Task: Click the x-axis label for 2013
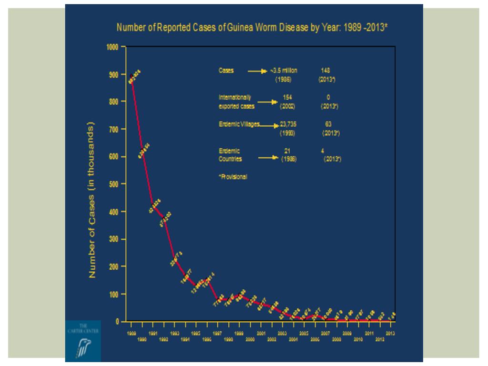point(390,334)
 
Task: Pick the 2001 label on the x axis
point(261,334)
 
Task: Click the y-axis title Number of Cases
point(92,200)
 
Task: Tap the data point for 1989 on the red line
point(132,76)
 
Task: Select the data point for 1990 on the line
point(142,152)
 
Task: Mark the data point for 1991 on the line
point(153,205)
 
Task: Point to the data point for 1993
point(174,260)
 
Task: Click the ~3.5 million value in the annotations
point(284,71)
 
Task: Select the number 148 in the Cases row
point(326,71)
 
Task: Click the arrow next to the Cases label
point(257,71)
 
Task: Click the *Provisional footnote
point(233,177)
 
